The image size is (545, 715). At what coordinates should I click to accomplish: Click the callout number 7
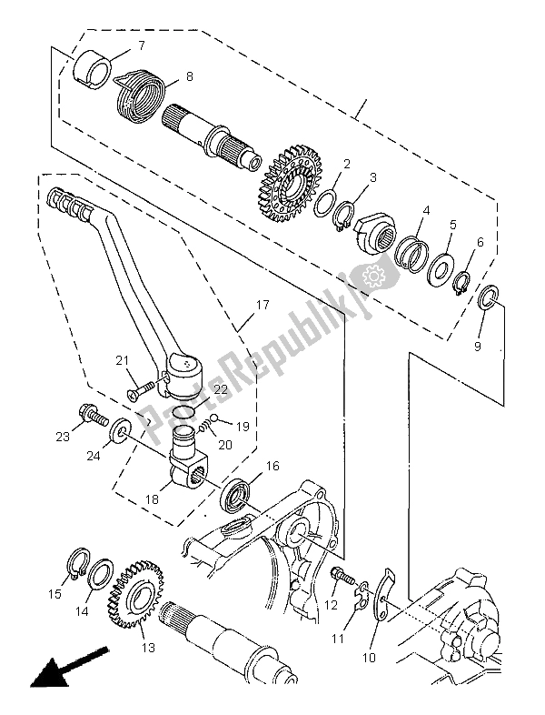(x=141, y=45)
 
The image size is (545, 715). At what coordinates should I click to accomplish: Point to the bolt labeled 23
(x=93, y=416)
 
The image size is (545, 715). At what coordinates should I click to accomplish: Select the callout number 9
(x=479, y=346)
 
